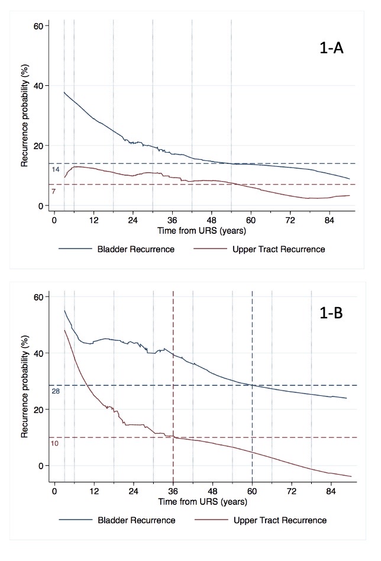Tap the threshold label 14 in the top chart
[x=56, y=170]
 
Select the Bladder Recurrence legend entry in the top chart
[x=135, y=249]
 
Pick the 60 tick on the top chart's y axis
[x=38, y=26]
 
